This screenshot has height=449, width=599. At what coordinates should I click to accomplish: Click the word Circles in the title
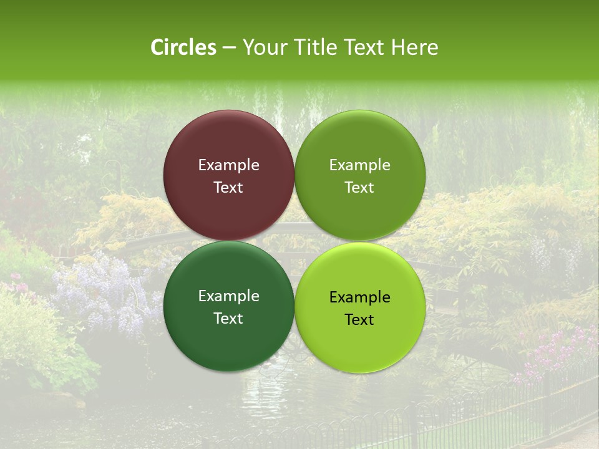[x=183, y=47]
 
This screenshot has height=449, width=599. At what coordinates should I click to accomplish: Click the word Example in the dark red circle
[x=228, y=165]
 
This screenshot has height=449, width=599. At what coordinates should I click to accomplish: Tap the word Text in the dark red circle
[x=228, y=188]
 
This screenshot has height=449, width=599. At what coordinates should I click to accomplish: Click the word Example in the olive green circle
[x=360, y=165]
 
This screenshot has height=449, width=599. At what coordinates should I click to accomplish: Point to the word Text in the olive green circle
[x=360, y=188]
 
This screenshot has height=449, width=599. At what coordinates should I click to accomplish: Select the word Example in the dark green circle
[x=228, y=296]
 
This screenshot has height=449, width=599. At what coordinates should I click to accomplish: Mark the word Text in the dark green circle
[x=228, y=319]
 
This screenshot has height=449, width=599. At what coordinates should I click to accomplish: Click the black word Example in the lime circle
[x=360, y=297]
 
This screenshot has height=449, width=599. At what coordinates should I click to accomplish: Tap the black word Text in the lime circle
[x=360, y=320]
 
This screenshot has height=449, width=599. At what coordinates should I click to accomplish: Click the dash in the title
[x=229, y=48]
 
